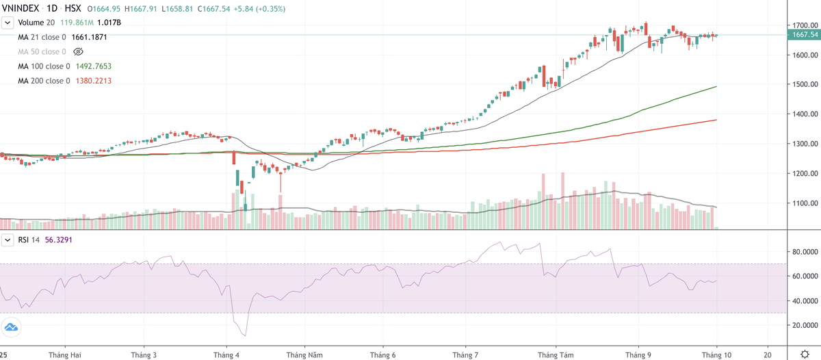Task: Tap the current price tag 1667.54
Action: click(x=803, y=35)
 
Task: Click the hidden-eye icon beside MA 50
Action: click(x=77, y=52)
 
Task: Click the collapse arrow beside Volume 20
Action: click(x=8, y=23)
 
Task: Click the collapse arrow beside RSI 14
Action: click(x=8, y=240)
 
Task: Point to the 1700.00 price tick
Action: click(x=803, y=25)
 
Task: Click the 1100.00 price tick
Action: click(x=803, y=203)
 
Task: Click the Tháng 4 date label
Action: click(x=226, y=355)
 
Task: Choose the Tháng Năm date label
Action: click(x=304, y=355)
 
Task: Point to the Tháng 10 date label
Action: click(x=716, y=355)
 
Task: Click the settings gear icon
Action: click(x=804, y=355)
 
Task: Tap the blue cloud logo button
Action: click(x=12, y=327)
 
